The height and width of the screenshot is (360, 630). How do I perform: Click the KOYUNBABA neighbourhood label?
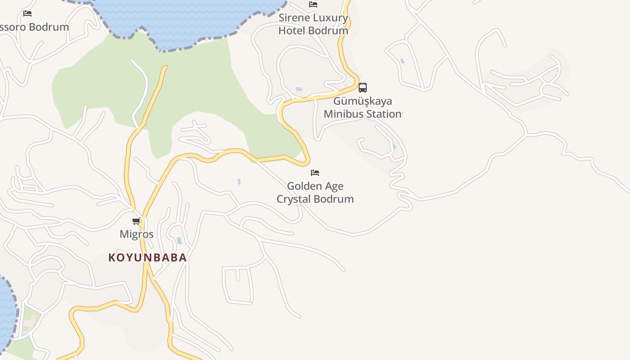click(x=148, y=258)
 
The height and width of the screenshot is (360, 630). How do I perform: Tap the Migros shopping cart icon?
click(x=136, y=221)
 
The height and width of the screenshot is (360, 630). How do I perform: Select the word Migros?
click(x=136, y=234)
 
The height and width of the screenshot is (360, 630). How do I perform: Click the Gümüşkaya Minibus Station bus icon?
click(x=363, y=88)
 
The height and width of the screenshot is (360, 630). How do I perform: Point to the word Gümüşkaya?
click(x=362, y=101)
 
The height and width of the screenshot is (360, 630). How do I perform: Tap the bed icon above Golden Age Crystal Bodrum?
click(x=315, y=173)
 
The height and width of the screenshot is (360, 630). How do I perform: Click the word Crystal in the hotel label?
click(x=295, y=199)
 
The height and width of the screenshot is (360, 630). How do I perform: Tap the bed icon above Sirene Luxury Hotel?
click(x=313, y=4)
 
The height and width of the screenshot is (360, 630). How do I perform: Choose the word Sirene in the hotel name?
click(x=294, y=18)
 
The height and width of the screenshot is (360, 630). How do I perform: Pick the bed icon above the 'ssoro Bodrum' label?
click(x=27, y=13)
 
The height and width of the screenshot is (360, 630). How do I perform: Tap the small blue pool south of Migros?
click(x=179, y=241)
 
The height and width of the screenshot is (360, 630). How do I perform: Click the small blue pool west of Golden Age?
click(x=239, y=182)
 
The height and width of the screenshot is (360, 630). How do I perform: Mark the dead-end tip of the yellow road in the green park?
click(x=165, y=68)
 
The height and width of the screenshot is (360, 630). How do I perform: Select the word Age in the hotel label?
click(x=333, y=186)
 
